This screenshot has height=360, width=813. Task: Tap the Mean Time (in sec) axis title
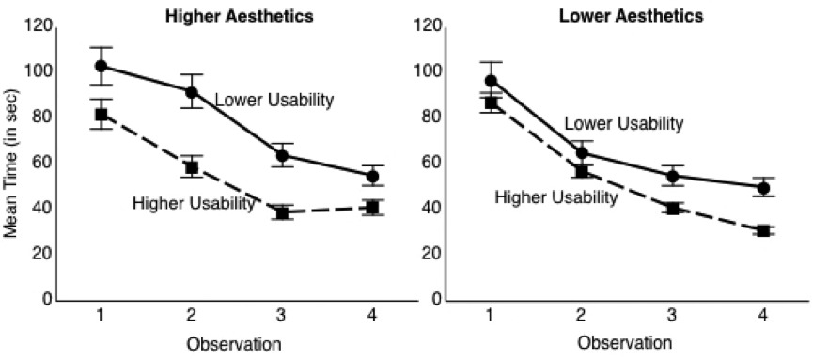click(x=11, y=173)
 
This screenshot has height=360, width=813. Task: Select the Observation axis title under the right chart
click(x=626, y=343)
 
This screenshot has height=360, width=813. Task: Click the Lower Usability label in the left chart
click(x=274, y=100)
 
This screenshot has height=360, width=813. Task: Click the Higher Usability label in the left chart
click(x=194, y=202)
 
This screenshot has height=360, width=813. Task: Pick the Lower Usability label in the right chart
click(x=623, y=123)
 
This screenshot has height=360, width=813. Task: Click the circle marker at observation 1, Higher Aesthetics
click(x=101, y=66)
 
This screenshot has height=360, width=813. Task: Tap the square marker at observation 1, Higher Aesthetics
click(x=101, y=114)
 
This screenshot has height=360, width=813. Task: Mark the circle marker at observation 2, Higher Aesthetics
click(x=192, y=92)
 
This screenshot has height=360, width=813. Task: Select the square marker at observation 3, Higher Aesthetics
click(x=282, y=212)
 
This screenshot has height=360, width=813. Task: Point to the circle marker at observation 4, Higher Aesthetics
click(x=372, y=176)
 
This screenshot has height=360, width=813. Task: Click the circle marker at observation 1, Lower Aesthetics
click(x=491, y=80)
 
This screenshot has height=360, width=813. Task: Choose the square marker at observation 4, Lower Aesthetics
click(x=763, y=230)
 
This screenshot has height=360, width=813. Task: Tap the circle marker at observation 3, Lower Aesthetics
click(x=672, y=176)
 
